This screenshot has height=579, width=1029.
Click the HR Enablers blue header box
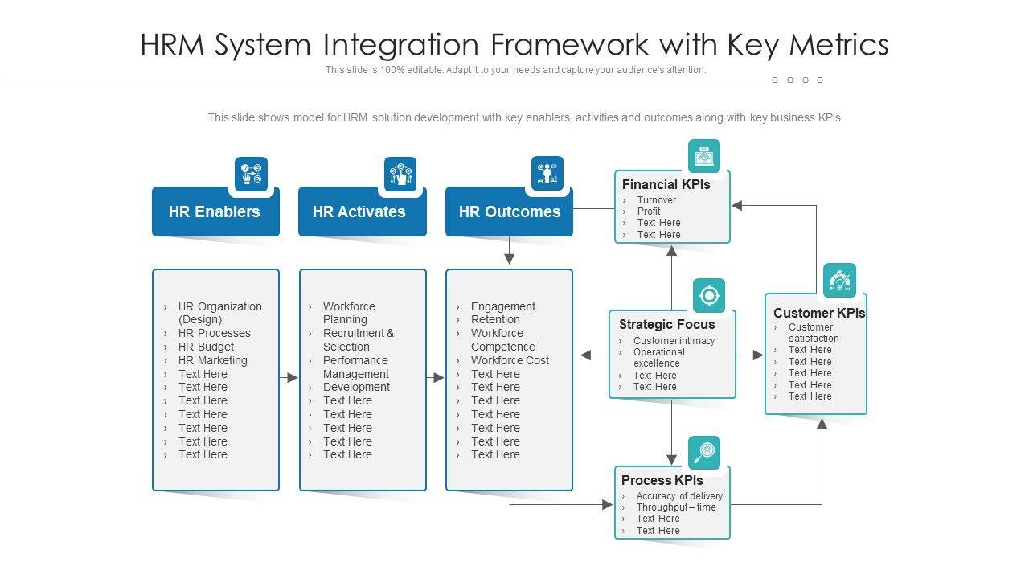215,212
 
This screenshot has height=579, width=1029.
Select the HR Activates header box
359,212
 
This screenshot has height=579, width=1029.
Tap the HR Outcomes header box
509,212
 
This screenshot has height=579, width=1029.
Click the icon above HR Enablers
251,175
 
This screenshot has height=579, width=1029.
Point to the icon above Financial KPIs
704,156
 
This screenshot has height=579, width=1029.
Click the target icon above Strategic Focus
708,295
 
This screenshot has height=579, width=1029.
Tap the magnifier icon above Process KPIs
704,453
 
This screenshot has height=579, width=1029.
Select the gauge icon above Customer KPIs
839,280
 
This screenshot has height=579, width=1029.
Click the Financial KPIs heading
666,184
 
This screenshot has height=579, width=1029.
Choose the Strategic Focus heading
666,324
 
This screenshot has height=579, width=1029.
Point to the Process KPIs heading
662,480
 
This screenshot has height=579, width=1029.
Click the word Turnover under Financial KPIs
657,200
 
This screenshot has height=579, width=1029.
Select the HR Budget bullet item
206,347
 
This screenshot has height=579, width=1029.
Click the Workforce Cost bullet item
510,360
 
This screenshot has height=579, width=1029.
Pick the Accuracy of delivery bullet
679,496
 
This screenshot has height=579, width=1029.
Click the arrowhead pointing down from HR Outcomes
509,259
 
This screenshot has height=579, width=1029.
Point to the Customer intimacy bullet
674,341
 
